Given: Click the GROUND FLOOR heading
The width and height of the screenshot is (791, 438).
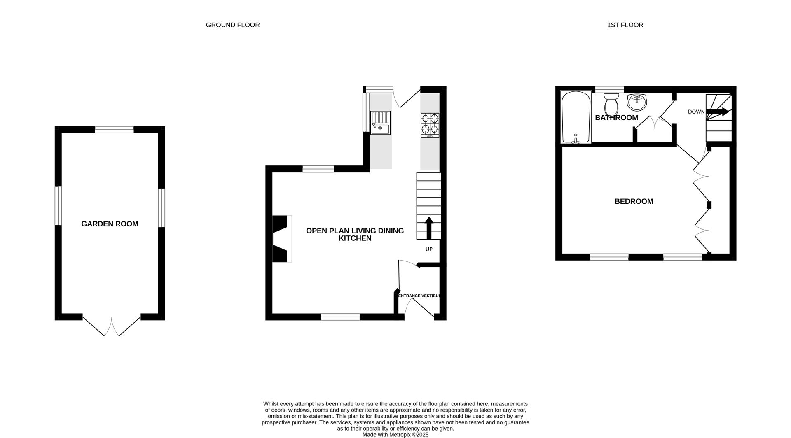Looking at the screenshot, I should coord(233,25).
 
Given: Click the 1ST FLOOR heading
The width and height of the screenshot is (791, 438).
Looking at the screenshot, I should coord(625,25).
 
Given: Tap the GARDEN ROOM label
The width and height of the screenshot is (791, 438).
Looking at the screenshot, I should coord(110,224).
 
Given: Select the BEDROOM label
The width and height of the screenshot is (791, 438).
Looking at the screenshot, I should coord(634,201).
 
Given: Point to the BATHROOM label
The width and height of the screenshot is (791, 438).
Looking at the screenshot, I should coord(616,118).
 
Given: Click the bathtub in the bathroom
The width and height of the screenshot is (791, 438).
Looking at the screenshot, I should coord(576,117).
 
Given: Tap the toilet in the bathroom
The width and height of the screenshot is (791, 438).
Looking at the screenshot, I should coord(611,105).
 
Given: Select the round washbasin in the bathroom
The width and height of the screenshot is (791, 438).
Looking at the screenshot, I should coord(637,102).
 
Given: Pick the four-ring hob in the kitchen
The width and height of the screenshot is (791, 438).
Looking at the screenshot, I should coord(430,125).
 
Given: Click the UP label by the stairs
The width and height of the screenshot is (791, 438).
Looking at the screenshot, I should coord(429,249).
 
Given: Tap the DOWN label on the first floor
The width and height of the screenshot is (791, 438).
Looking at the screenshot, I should coord(696,112).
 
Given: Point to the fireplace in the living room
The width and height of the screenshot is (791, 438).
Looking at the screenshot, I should coord(281,239).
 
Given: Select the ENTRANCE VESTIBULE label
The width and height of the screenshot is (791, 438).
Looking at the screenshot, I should coord(419,296).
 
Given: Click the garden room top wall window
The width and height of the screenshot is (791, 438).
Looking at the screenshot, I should coord(114,130).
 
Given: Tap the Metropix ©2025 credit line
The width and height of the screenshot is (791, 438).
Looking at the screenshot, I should coord(395,435).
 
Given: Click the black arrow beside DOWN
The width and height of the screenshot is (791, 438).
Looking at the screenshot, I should coord(718,112).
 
